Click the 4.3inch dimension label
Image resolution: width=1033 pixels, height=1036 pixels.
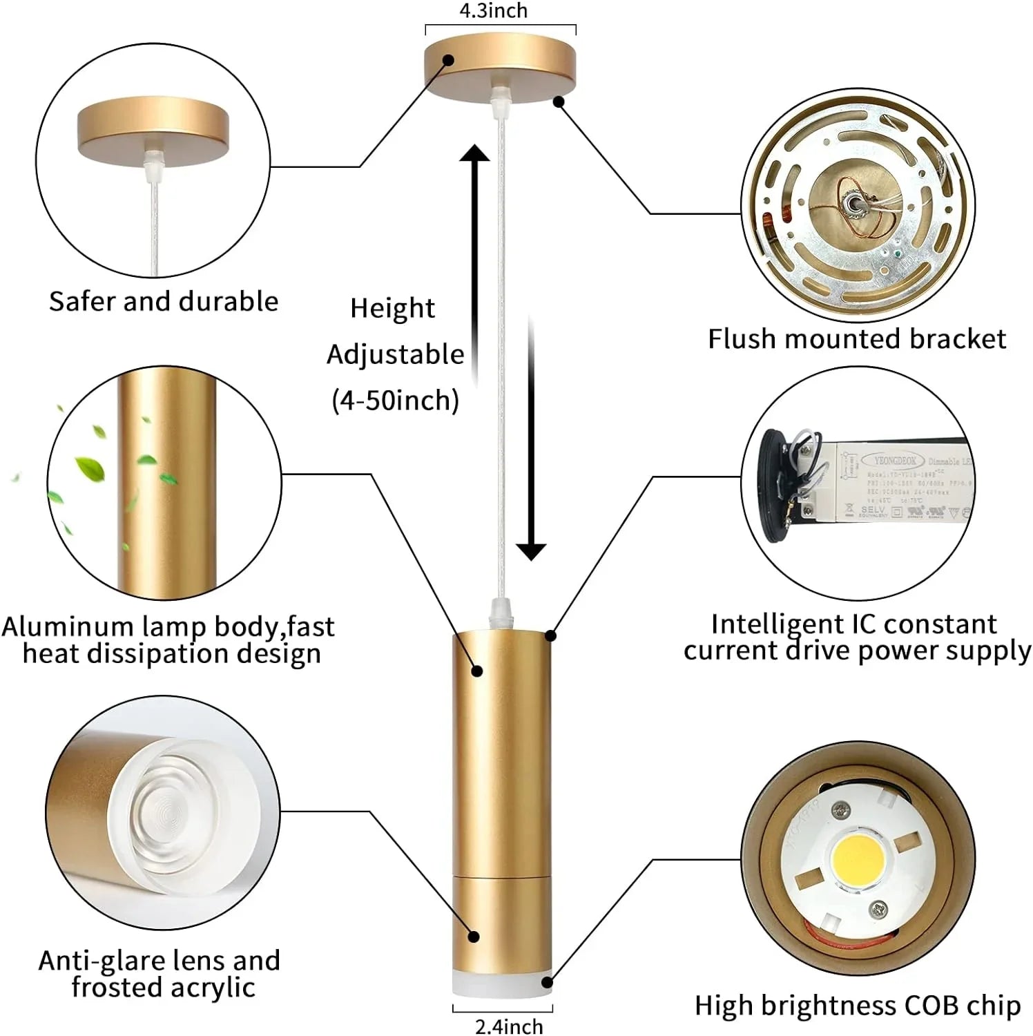coord(493,11)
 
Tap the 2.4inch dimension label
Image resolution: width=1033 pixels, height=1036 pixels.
coord(508,1026)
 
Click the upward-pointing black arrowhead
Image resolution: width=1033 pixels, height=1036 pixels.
coord(475,153)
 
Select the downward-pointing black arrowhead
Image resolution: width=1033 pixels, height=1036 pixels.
coord(531,550)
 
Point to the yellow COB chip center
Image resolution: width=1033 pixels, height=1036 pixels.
coord(857,861)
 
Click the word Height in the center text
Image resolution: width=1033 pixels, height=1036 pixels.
coord(392,308)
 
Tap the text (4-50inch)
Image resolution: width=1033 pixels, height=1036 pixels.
coord(395,401)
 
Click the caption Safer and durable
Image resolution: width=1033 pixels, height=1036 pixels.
coord(164,302)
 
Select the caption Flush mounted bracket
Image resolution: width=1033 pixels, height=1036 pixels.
coord(856,338)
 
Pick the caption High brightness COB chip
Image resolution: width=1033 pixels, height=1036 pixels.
coord(857,1006)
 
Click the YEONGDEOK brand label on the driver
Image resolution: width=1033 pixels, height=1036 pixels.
coord(895,460)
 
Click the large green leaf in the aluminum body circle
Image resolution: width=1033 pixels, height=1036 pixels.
coord(90,468)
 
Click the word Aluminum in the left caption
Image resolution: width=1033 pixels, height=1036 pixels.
coord(68,626)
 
